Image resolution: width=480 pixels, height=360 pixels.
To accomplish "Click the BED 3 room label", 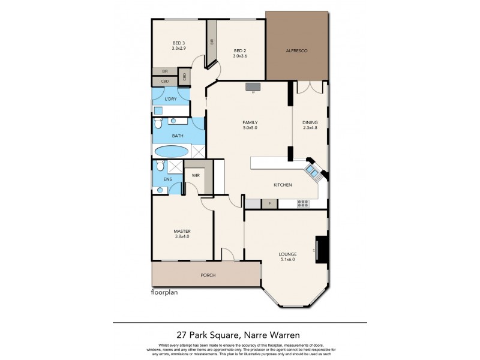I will [178, 43].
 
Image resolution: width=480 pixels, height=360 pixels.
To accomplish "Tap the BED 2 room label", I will [240, 50].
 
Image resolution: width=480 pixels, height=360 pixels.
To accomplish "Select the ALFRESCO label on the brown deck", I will [296, 52].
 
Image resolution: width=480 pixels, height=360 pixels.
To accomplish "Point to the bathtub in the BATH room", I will [171, 151].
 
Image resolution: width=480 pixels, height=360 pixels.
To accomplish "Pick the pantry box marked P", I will [269, 204].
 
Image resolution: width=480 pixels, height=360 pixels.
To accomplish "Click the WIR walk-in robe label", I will [196, 175].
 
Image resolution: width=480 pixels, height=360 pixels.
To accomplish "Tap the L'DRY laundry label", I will [170, 98].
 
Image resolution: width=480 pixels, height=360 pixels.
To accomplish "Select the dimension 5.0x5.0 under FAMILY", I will [250, 128].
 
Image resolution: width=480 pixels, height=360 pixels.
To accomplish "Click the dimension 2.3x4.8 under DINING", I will [310, 128].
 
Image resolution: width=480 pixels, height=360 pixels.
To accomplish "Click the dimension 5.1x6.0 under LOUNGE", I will [287, 260].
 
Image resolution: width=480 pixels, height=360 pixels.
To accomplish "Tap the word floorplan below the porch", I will [165, 294].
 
